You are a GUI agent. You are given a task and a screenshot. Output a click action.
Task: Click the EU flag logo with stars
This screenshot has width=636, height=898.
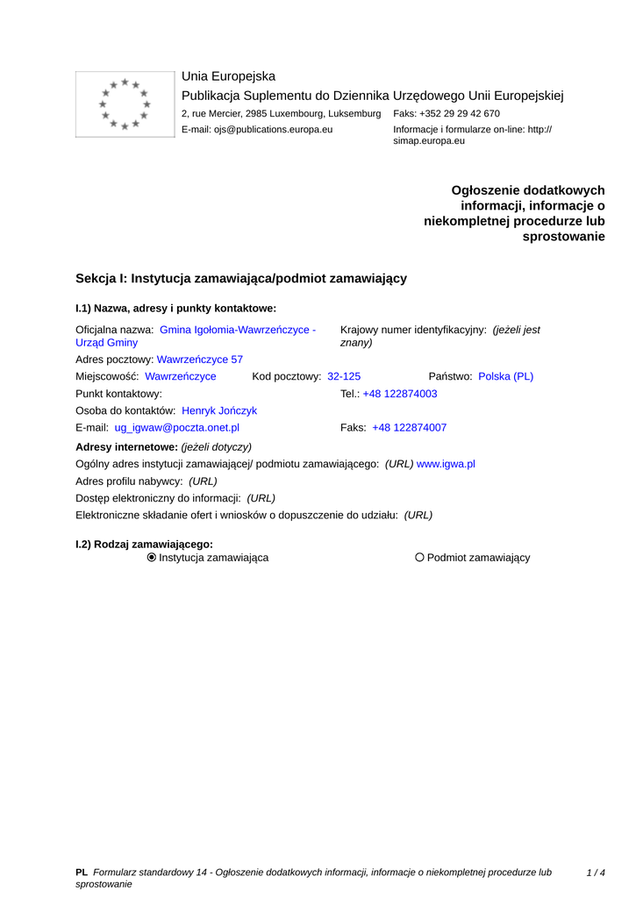tap(125, 104)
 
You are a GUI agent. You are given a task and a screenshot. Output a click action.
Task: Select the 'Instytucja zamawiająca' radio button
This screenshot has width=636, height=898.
tap(152, 558)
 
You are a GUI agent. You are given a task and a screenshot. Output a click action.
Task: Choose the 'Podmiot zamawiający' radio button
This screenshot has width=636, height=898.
tap(419, 558)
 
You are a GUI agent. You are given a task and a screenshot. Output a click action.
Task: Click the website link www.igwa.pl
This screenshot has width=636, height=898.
tap(446, 464)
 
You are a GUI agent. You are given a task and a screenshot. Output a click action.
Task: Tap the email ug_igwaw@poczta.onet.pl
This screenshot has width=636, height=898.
tap(176, 428)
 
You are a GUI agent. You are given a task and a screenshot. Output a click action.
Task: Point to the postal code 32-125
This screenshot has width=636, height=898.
tap(344, 376)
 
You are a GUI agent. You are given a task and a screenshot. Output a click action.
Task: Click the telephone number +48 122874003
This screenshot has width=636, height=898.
tap(400, 394)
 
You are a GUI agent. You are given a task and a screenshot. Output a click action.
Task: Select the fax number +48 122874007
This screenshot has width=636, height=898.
tap(409, 428)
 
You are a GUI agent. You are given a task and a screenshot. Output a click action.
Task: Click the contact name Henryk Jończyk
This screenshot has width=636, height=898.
tap(219, 410)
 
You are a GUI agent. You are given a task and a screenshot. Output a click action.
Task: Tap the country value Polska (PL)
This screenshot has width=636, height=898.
tap(505, 376)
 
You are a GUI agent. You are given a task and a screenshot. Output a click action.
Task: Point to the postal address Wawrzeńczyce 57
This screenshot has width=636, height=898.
tap(200, 360)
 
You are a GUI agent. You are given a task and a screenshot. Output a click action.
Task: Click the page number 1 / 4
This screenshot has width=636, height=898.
tap(596, 873)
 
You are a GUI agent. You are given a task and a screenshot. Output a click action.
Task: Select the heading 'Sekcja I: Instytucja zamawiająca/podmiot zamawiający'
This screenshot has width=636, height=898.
tap(241, 278)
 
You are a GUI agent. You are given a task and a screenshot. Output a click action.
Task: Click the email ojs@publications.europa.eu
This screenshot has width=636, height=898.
tap(257, 130)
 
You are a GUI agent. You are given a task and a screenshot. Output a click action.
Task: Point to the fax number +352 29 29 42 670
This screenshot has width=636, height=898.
tap(447, 114)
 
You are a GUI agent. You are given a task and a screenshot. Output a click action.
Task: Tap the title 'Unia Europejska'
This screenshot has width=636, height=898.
tap(228, 76)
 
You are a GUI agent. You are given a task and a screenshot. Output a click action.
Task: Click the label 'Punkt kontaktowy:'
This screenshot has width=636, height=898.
tap(119, 394)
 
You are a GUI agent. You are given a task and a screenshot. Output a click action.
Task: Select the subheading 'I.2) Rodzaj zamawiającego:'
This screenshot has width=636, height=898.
tap(144, 544)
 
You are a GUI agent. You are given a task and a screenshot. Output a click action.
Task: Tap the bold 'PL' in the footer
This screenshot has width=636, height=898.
tap(82, 873)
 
